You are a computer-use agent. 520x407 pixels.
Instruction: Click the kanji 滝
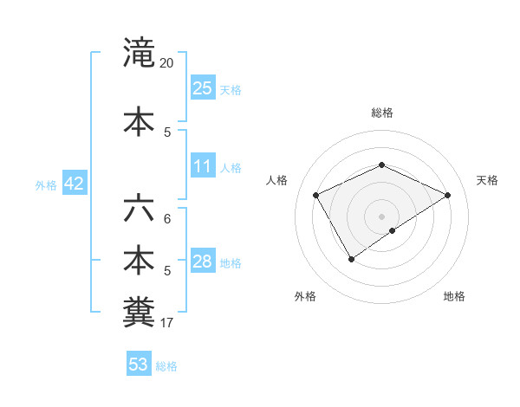tap(138, 54)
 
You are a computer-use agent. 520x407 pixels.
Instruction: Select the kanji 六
tap(138, 210)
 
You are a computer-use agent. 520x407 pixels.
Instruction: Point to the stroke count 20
tap(167, 63)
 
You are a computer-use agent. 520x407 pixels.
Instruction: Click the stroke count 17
tap(167, 323)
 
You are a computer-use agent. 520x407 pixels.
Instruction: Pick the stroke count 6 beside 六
tap(167, 219)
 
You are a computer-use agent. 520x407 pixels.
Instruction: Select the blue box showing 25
tap(203, 87)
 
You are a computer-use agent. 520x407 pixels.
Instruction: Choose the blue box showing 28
tap(203, 262)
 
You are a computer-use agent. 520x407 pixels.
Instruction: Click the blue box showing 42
tap(73, 184)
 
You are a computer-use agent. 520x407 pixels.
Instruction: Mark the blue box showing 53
tap(138, 365)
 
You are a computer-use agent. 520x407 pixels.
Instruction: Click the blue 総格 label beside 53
tap(166, 366)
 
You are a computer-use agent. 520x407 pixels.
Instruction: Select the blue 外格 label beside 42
tap(46, 184)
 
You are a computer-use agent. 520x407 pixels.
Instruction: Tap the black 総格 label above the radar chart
tap(381, 113)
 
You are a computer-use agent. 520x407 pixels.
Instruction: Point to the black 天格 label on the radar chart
tap(487, 180)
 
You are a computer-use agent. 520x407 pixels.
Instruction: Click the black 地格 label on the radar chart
tap(454, 296)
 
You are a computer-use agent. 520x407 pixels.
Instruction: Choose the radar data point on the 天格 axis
tap(447, 196)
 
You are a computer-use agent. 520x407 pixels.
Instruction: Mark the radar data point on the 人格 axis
tap(316, 196)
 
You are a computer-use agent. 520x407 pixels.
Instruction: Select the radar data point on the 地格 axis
tap(393, 230)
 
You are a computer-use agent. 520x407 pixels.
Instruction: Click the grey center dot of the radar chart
tap(381, 216)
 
